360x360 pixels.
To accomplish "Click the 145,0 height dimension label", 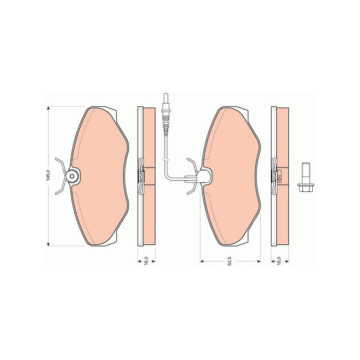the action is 48,175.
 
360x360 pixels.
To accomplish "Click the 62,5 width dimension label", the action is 230,261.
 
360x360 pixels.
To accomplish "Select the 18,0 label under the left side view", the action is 146,261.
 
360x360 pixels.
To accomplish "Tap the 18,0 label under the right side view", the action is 279,261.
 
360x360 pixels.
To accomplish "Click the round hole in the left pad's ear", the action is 72,176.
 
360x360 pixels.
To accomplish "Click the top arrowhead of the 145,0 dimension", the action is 48,108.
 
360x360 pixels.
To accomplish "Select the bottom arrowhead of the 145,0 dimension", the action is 48,244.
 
